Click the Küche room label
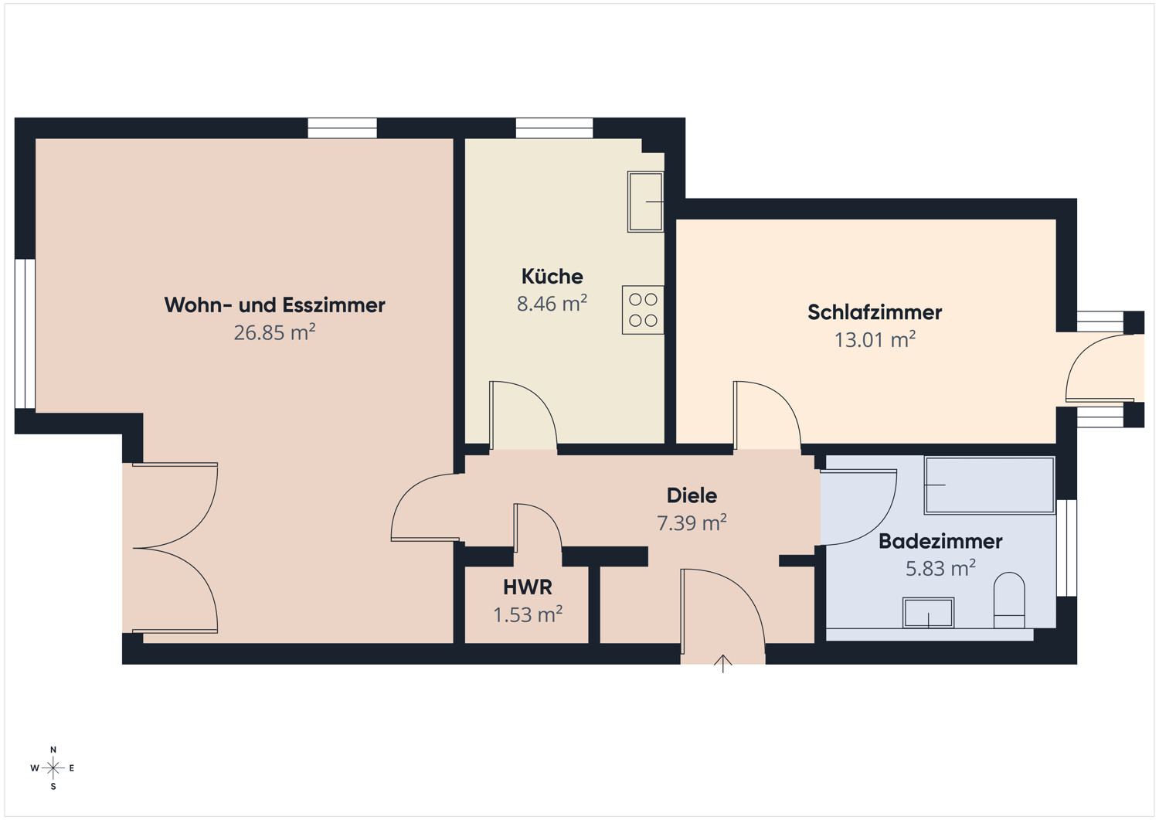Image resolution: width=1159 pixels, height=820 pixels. click(x=552, y=277)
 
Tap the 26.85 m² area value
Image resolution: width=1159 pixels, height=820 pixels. click(x=275, y=332)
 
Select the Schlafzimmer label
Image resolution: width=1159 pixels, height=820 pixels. click(x=875, y=313)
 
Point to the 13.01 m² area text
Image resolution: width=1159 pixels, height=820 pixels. click(x=875, y=339)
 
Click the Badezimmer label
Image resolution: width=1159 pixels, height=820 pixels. click(x=940, y=542)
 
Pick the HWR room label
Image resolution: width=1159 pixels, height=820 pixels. click(x=528, y=587)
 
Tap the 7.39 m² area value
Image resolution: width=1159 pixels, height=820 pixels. click(x=692, y=523)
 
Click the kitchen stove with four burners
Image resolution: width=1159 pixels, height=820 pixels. click(x=643, y=310)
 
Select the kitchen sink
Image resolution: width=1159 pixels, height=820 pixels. click(x=645, y=202)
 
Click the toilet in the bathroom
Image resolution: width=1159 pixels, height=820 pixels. click(x=1009, y=600)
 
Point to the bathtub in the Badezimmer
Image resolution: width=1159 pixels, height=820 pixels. click(x=989, y=485)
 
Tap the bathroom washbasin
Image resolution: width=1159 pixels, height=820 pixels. click(x=928, y=613)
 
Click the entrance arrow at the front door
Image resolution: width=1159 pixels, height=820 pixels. click(x=722, y=664)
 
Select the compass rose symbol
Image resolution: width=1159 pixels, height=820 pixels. click(x=53, y=767)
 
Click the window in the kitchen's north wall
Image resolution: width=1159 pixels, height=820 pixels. click(x=554, y=128)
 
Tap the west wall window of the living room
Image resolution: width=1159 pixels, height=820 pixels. click(x=25, y=334)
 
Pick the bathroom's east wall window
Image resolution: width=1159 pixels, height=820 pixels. click(x=1066, y=548)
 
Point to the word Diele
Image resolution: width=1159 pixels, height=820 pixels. click(x=692, y=496)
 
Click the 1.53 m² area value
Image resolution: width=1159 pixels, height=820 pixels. click(x=528, y=615)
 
